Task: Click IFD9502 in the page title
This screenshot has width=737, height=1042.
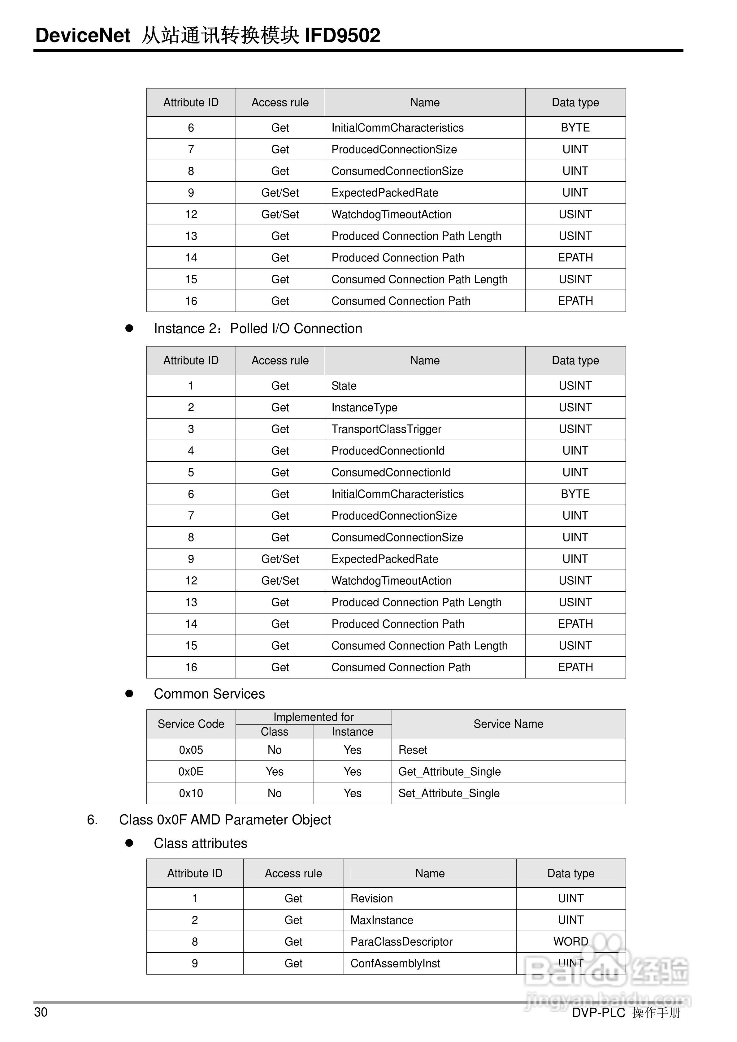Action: pyautogui.click(x=342, y=35)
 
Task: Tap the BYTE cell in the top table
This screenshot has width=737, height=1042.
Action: pyautogui.click(x=575, y=127)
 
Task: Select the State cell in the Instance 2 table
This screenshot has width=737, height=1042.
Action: pyautogui.click(x=344, y=386)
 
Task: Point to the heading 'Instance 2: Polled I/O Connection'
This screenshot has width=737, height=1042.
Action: pyautogui.click(x=258, y=328)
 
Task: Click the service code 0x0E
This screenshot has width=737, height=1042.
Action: pyautogui.click(x=191, y=772)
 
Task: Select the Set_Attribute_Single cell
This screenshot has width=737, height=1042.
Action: pyautogui.click(x=449, y=793)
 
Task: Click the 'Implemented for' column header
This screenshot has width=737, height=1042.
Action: pyautogui.click(x=313, y=717)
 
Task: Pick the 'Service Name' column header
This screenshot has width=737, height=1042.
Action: pyautogui.click(x=508, y=724)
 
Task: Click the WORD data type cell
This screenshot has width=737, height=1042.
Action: pyautogui.click(x=570, y=942)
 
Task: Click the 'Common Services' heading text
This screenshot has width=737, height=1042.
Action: pyautogui.click(x=209, y=694)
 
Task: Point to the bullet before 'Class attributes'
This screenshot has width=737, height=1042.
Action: pyautogui.click(x=129, y=843)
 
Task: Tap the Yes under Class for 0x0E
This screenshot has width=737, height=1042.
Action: pyautogui.click(x=274, y=772)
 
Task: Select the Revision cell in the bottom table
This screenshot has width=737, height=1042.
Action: pyautogui.click(x=371, y=898)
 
